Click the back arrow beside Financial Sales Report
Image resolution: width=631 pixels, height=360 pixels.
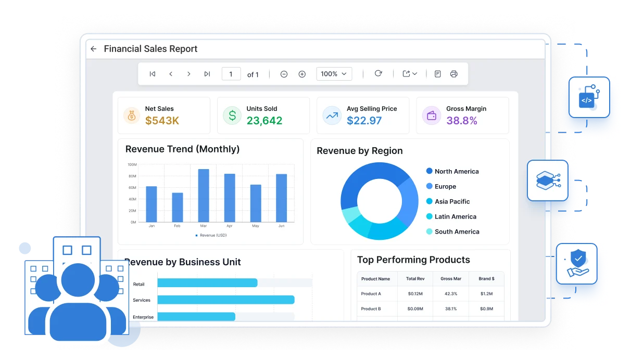[94, 49]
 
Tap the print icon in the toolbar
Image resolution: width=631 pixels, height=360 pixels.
[453, 74]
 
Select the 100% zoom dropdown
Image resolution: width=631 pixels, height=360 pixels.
[334, 74]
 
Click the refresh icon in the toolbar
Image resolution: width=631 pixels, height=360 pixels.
[378, 73]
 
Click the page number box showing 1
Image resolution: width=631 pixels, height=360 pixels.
[231, 74]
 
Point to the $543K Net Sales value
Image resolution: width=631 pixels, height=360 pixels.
[162, 121]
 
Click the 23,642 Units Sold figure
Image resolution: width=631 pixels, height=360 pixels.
[264, 121]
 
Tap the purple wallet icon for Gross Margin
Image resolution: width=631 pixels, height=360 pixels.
[431, 115]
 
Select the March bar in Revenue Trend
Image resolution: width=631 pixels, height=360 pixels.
[204, 196]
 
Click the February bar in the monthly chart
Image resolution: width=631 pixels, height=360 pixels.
[177, 208]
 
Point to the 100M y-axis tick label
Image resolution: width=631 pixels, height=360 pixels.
[132, 165]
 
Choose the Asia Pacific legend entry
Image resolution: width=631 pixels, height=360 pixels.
[448, 201]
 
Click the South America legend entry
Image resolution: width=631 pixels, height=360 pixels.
[453, 232]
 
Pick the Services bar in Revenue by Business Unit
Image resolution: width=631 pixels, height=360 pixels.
[226, 300]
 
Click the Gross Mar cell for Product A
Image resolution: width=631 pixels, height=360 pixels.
[451, 293]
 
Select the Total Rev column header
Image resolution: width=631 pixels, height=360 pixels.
[415, 279]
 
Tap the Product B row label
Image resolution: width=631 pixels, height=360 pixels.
[371, 309]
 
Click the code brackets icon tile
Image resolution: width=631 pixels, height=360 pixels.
[589, 97]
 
